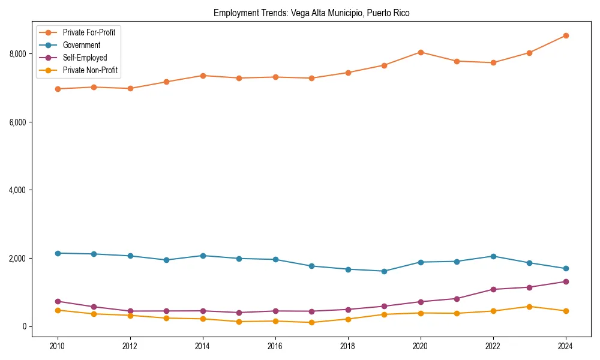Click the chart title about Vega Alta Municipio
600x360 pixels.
311,13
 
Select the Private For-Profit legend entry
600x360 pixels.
89,32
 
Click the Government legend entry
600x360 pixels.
81,45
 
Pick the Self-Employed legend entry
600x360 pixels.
85,58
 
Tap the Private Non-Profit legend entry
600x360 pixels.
90,70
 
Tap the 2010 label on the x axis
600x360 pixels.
58,346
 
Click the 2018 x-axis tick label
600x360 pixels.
348,346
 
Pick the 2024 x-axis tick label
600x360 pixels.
566,346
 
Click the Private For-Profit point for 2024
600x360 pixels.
566,35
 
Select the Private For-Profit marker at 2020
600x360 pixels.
421,52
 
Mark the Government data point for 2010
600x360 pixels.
58,253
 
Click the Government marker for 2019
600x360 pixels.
384,271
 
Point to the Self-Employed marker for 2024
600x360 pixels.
566,281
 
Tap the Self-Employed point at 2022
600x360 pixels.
493,289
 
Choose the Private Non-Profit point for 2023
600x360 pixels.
529,307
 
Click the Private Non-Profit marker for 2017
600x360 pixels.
311,322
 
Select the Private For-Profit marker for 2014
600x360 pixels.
203,76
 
